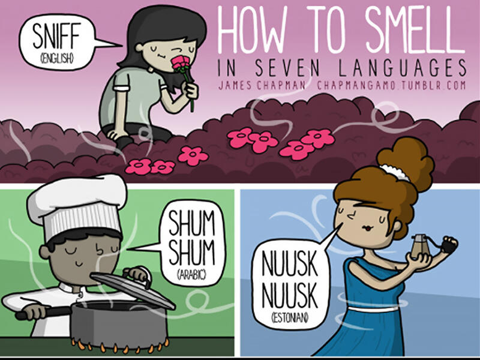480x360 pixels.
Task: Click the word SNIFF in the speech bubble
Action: [56, 35]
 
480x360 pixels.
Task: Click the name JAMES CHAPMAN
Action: [262, 85]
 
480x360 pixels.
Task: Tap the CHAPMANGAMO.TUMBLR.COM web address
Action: [391, 85]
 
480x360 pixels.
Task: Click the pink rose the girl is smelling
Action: [181, 63]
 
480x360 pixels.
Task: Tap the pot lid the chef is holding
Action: [132, 288]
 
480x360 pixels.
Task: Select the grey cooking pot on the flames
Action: [119, 324]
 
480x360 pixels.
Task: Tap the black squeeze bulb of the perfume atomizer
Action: [449, 245]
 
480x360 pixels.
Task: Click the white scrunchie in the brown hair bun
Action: [395, 173]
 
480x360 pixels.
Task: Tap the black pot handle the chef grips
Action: [43, 312]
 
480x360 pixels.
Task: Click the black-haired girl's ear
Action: [139, 48]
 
